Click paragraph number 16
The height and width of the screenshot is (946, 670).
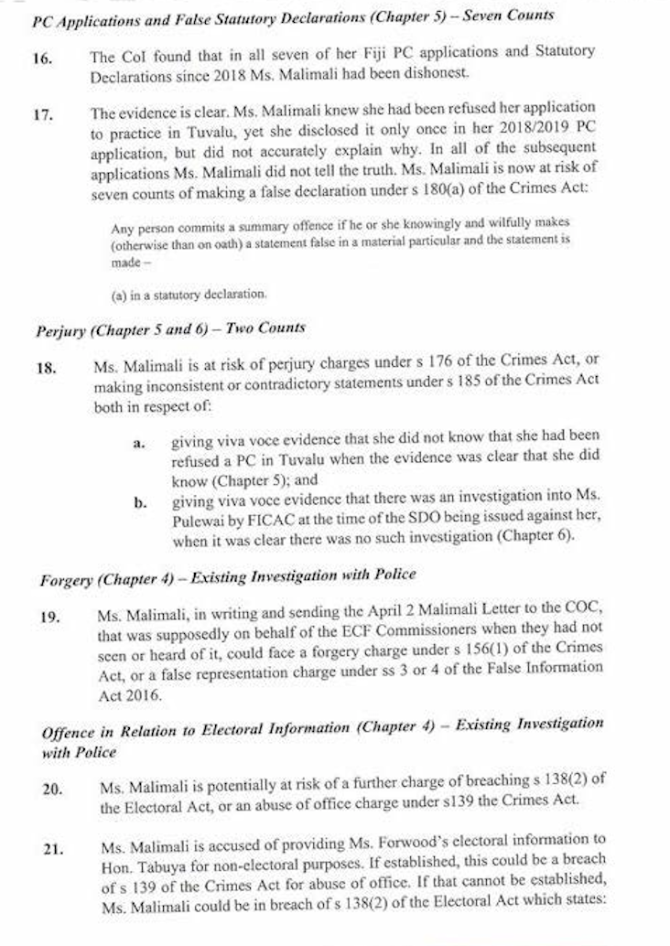(44, 58)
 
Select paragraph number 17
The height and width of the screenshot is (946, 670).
(44, 114)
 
